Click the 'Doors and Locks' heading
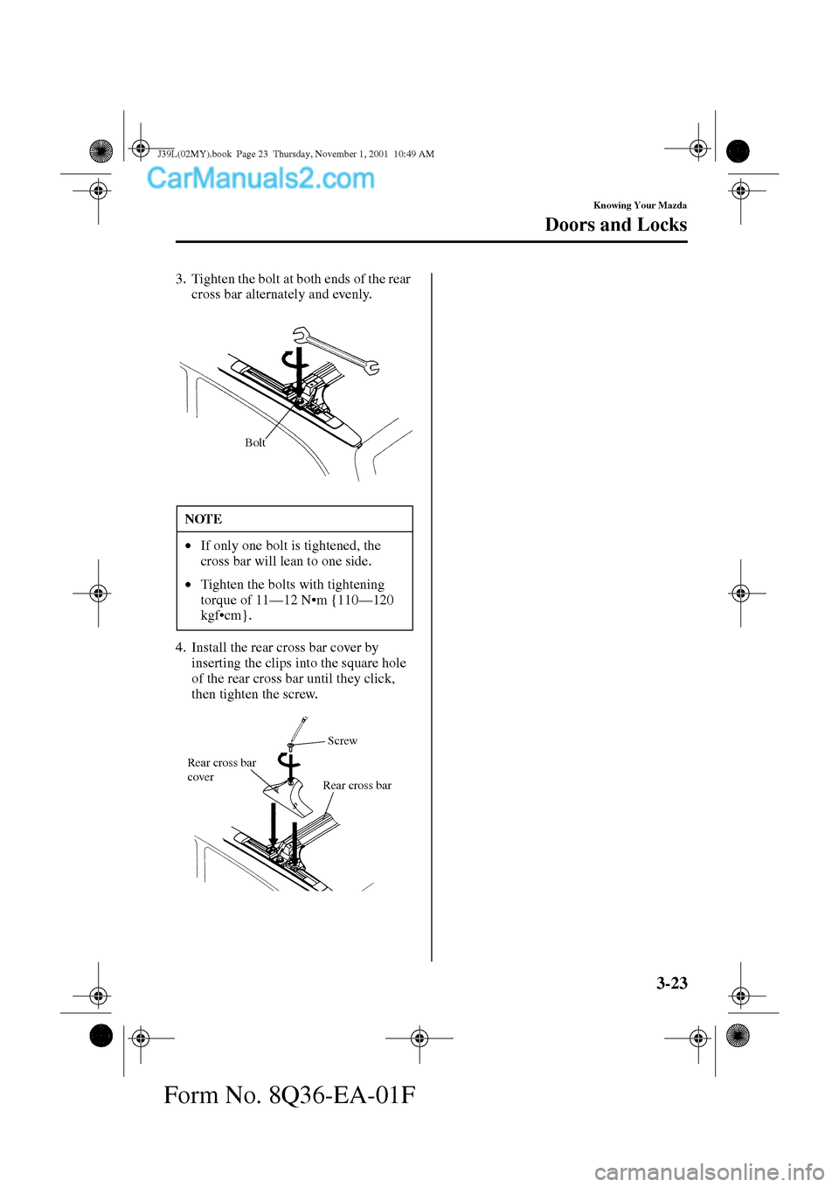click(x=615, y=225)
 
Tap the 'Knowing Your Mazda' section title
click(x=640, y=205)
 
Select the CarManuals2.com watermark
click(x=260, y=178)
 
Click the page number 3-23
click(x=671, y=982)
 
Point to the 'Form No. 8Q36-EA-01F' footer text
click(x=289, y=1094)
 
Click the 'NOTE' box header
click(x=204, y=519)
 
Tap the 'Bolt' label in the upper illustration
click(x=254, y=443)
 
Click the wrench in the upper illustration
click(x=336, y=351)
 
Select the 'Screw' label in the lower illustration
click(x=343, y=741)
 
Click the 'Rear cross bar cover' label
click(x=220, y=769)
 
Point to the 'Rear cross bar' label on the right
click(x=357, y=786)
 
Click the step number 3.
click(x=179, y=280)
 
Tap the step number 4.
click(x=179, y=648)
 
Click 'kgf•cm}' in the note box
click(x=225, y=615)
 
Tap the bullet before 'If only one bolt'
click(x=187, y=546)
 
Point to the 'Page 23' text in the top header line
click(x=252, y=154)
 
